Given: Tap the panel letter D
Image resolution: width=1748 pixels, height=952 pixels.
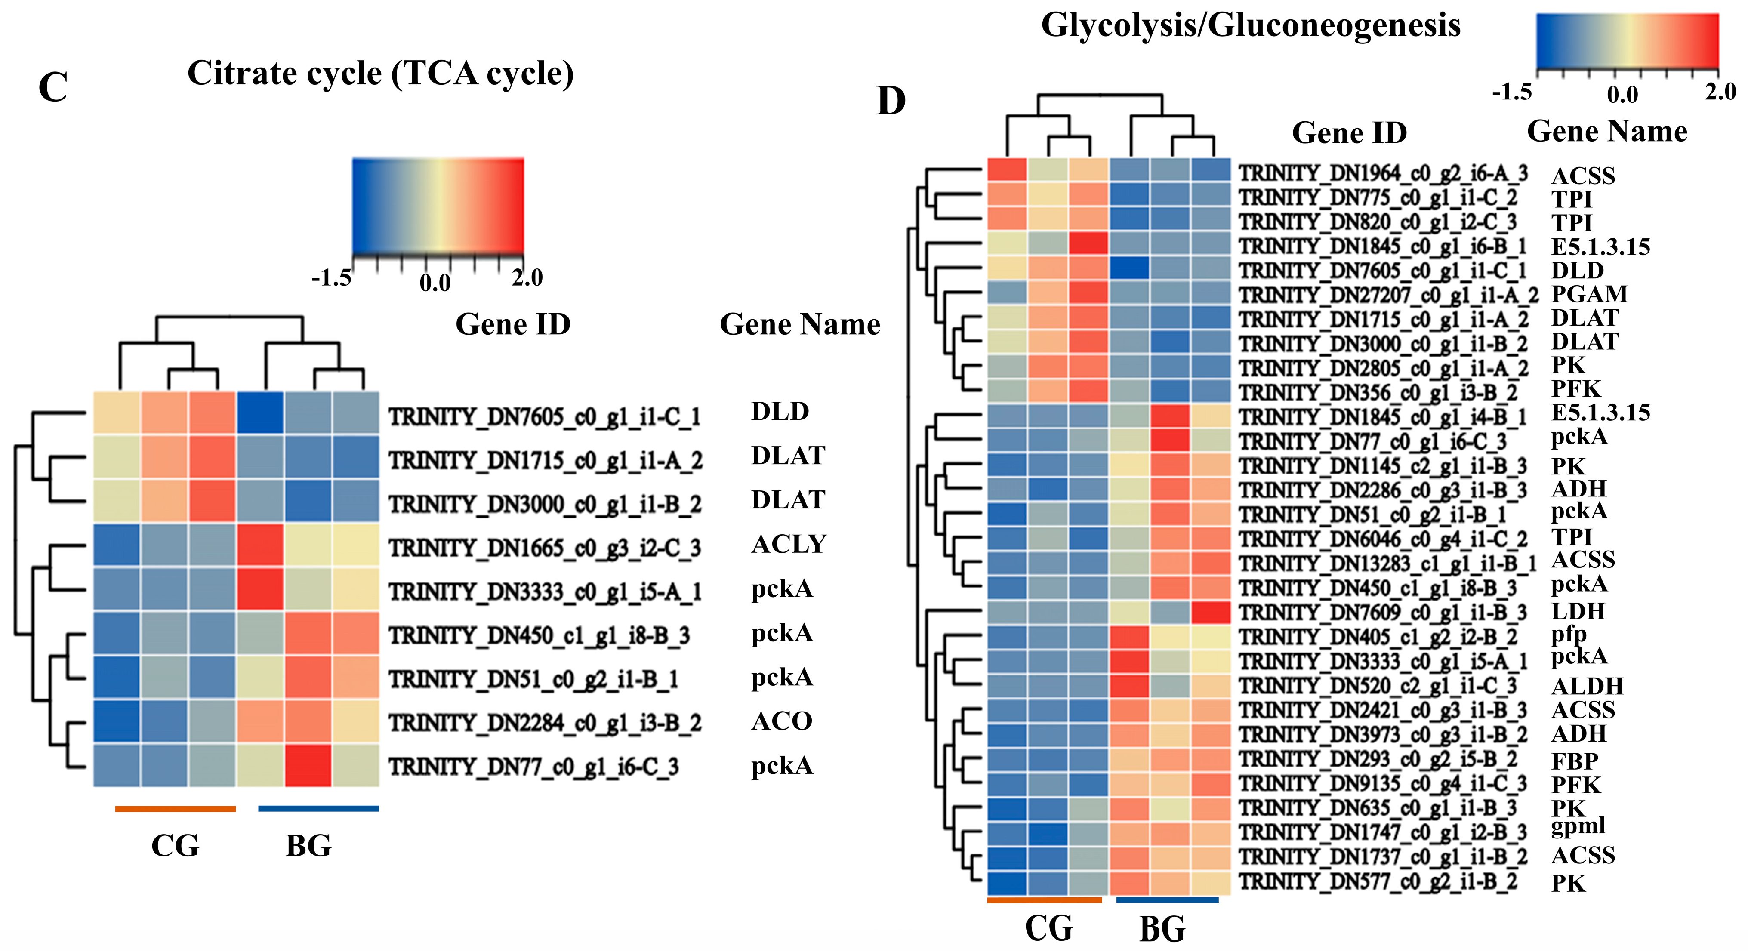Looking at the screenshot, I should [891, 102].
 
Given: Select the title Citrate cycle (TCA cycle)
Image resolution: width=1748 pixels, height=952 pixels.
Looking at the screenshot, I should [380, 73].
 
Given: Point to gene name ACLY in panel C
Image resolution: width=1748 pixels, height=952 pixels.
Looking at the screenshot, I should [789, 544].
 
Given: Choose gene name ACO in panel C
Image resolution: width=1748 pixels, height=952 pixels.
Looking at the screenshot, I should [782, 721].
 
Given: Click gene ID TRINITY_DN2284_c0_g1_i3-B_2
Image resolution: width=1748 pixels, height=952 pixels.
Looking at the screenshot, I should [544, 723].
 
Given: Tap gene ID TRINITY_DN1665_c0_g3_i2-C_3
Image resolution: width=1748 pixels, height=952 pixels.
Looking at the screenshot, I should [544, 548].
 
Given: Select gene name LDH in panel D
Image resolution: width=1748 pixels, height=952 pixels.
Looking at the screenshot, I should [1578, 611].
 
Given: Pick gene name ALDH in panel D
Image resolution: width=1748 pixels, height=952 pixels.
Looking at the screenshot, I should [1587, 686].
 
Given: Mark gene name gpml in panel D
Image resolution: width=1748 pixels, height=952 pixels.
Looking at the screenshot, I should [1578, 826].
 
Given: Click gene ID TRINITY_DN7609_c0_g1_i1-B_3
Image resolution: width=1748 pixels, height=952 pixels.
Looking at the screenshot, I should [1382, 613].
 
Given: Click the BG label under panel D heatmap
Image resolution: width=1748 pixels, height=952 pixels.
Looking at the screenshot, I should [1162, 929].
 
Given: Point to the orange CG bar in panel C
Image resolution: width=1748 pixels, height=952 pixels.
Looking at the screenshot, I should [175, 809].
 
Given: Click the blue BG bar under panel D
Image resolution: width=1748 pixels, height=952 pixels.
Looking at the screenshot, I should [1167, 900].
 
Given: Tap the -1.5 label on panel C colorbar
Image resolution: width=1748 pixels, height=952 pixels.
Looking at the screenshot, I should [331, 278].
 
